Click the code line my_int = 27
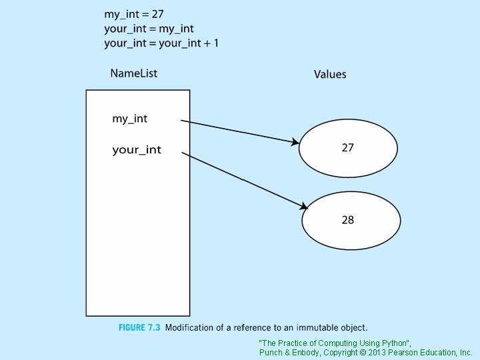click(134, 13)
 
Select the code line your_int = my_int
click(149, 28)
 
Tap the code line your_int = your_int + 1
click(161, 43)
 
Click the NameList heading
click(133, 73)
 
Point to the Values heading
click(330, 74)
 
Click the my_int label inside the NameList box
click(129, 119)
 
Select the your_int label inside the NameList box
click(137, 150)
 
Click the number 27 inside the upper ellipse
click(348, 147)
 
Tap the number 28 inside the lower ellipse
click(348, 220)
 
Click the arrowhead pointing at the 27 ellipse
click(294, 142)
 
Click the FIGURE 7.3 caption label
click(139, 327)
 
